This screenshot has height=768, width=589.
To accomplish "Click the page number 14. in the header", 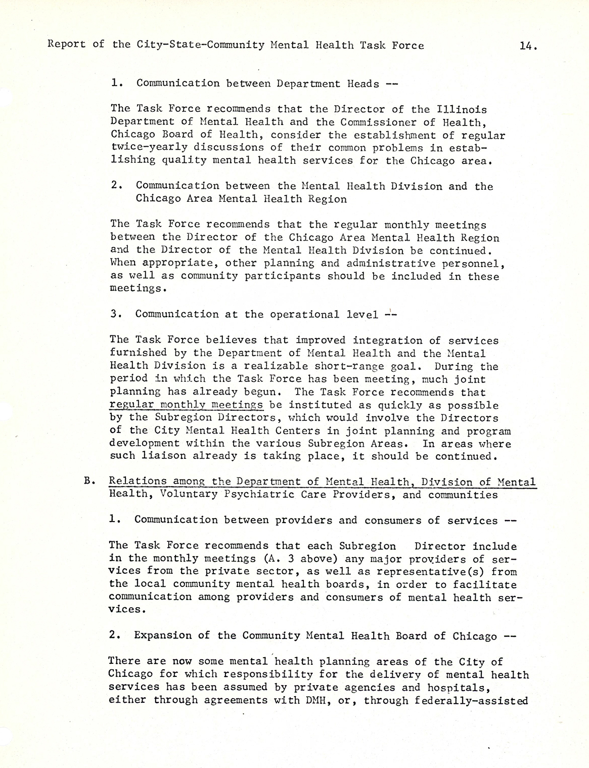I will (x=526, y=46).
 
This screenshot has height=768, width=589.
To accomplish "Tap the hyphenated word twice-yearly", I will (x=146, y=148).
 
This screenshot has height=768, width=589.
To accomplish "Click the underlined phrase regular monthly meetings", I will (x=186, y=405).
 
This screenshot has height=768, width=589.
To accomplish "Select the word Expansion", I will (x=163, y=636).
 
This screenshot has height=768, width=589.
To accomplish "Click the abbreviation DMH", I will (x=312, y=701).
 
